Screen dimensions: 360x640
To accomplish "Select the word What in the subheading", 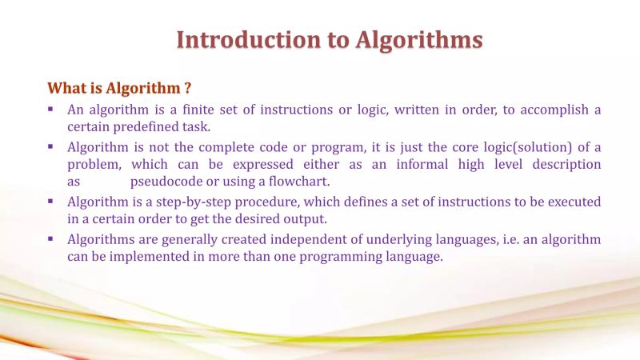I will tap(67, 87).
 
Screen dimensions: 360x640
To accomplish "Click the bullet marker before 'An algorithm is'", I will tap(50, 109).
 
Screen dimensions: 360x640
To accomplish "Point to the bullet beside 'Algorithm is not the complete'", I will tap(50, 146).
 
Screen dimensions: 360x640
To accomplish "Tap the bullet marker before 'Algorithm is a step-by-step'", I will tap(50, 201).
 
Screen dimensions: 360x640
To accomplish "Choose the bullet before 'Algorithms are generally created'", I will tap(50, 238).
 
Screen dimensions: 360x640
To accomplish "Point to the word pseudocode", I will tap(166, 182).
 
